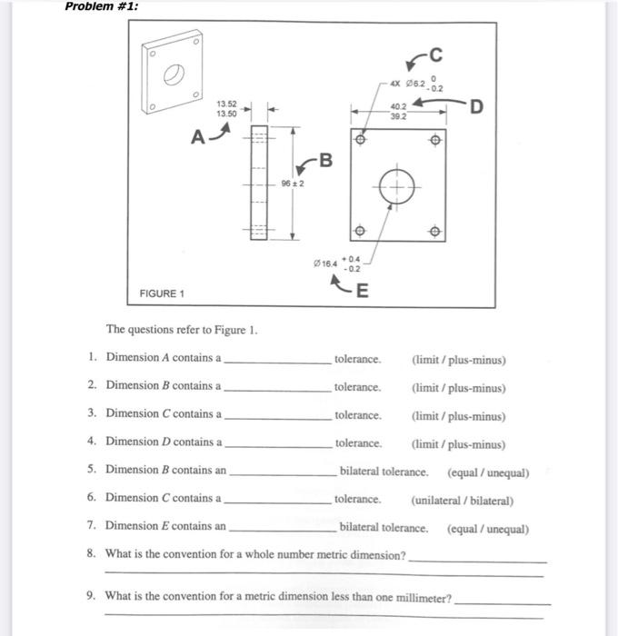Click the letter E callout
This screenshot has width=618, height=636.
click(363, 291)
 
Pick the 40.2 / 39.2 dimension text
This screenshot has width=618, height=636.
click(399, 111)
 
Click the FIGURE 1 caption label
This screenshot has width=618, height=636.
click(162, 294)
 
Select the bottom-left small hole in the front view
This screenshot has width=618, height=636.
click(360, 231)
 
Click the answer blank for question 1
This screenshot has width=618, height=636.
click(277, 360)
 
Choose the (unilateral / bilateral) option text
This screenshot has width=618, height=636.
click(462, 501)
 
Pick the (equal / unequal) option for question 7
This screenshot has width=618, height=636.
click(487, 529)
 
